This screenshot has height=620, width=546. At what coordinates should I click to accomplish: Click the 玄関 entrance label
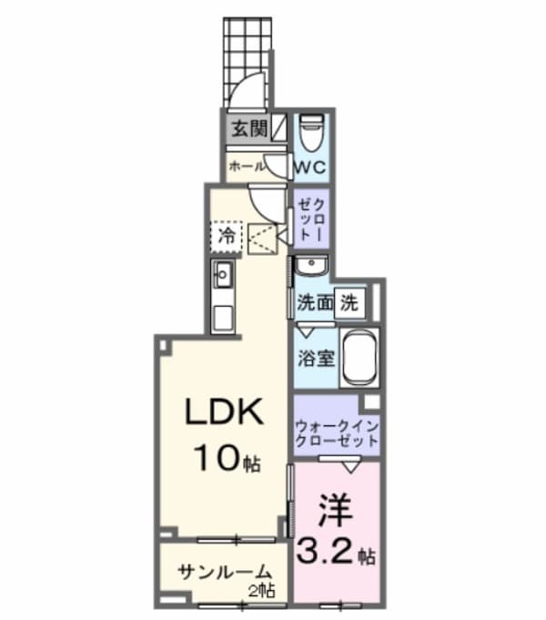[248, 128]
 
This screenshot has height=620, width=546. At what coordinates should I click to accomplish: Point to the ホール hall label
[246, 167]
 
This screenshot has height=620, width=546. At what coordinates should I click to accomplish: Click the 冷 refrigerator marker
[227, 235]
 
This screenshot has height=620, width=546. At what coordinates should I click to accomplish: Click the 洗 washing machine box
[350, 304]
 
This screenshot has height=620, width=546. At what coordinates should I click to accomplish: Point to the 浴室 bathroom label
[314, 356]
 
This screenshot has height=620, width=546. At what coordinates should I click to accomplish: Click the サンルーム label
[224, 573]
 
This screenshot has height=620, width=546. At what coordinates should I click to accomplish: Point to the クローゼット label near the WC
[311, 219]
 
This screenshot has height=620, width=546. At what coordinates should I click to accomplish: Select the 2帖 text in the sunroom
[265, 592]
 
